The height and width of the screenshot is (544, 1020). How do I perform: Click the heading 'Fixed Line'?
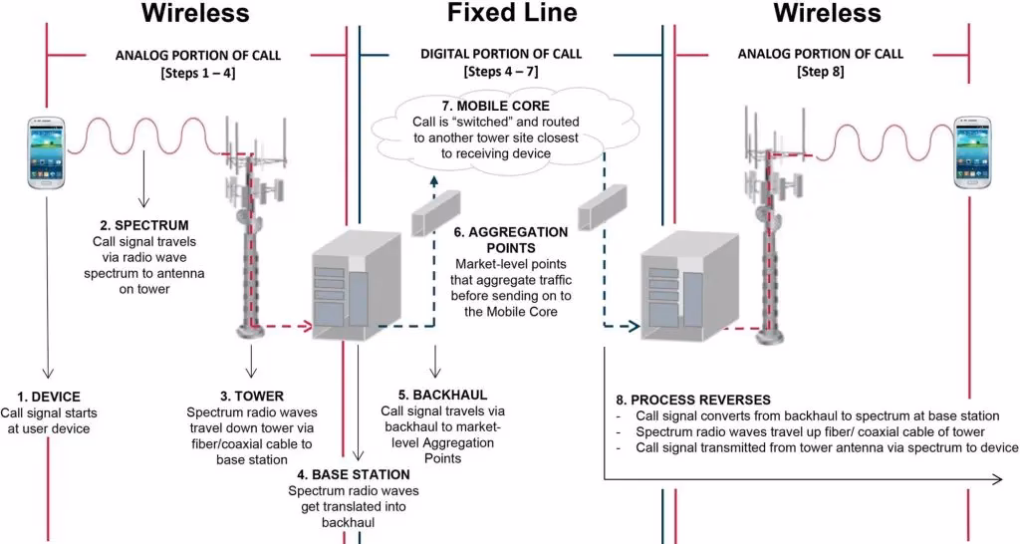pyautogui.click(x=511, y=13)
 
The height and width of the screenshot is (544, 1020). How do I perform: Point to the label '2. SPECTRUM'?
pyautogui.click(x=151, y=225)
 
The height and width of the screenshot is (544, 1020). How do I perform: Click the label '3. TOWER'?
pyautogui.click(x=252, y=396)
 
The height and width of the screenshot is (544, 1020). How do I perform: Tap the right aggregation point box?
pyautogui.click(x=603, y=210)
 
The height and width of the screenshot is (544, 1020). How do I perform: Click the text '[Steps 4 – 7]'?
pyautogui.click(x=509, y=72)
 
